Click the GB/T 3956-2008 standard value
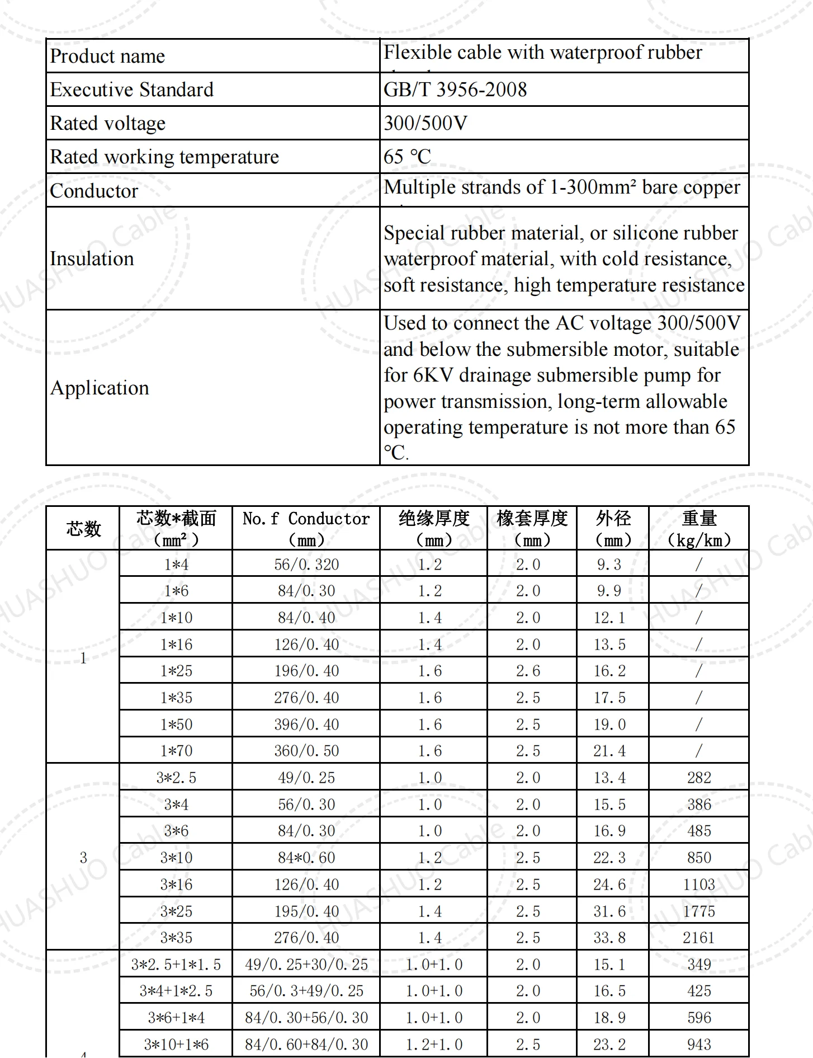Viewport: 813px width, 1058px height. click(x=455, y=90)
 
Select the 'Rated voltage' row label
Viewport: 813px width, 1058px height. click(x=107, y=123)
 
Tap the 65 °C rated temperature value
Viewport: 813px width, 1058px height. click(x=407, y=157)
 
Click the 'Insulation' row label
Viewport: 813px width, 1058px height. click(x=92, y=258)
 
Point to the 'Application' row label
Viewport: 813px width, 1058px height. click(x=100, y=388)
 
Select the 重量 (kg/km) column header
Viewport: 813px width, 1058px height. click(x=698, y=528)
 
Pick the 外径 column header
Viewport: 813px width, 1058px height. click(x=613, y=528)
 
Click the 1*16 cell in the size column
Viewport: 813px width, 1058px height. click(x=176, y=644)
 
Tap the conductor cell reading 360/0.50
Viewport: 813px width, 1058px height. click(x=306, y=750)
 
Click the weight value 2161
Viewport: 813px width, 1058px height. click(x=698, y=937)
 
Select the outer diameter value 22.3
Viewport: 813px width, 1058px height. click(x=609, y=857)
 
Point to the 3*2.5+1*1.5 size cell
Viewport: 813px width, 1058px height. click(x=176, y=964)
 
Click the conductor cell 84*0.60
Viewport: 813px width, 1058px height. click(x=306, y=857)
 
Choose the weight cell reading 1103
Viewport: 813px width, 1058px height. click(x=698, y=884)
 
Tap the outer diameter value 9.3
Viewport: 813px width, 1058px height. click(x=609, y=564)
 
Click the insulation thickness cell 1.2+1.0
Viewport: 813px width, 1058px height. click(x=434, y=1044)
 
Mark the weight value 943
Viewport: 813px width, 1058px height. click(x=698, y=1044)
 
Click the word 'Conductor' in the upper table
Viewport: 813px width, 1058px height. click(x=94, y=191)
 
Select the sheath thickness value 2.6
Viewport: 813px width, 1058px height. click(x=528, y=670)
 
